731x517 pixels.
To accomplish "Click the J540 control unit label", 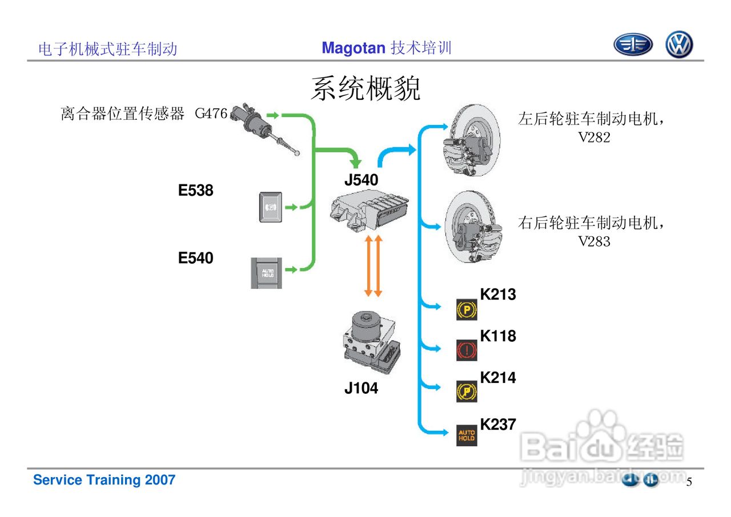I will pyautogui.click(x=361, y=180).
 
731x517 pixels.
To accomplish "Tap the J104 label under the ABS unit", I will pyautogui.click(x=361, y=389).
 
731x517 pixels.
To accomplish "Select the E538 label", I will pyautogui.click(x=196, y=191).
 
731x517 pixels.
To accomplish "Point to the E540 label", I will pyautogui.click(x=196, y=258).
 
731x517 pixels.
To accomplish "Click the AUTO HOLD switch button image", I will pyautogui.click(x=266, y=273).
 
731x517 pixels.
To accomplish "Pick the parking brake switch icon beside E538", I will pyautogui.click(x=268, y=207).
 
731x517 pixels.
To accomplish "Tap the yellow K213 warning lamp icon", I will pyautogui.click(x=467, y=310).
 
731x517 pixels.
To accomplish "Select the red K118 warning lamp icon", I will pyautogui.click(x=467, y=350).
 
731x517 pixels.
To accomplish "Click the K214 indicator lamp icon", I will pyautogui.click(x=467, y=391).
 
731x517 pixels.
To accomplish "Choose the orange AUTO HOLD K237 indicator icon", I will pyautogui.click(x=467, y=436).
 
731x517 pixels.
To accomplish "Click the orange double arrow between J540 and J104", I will pyautogui.click(x=373, y=265).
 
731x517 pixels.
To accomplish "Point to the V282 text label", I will pyautogui.click(x=594, y=138).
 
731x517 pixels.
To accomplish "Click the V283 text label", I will pyautogui.click(x=594, y=241).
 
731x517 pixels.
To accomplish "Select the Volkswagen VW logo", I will pyautogui.click(x=679, y=45).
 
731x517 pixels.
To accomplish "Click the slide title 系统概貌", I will pyautogui.click(x=365, y=89).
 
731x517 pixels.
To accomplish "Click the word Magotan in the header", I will pyautogui.click(x=354, y=48).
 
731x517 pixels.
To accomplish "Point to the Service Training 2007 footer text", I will pyautogui.click(x=104, y=480).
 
